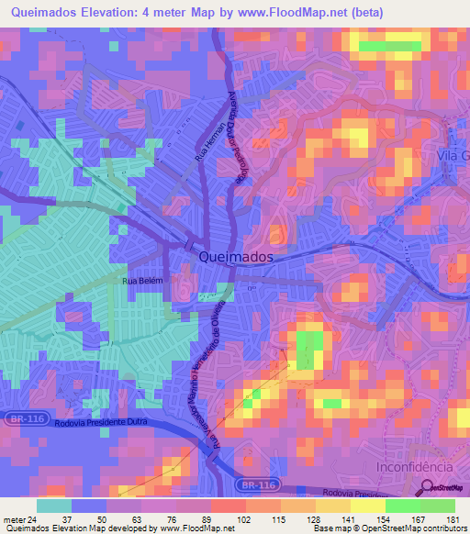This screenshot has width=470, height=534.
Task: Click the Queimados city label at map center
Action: (x=235, y=259)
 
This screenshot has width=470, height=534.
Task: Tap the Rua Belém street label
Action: (x=141, y=282)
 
